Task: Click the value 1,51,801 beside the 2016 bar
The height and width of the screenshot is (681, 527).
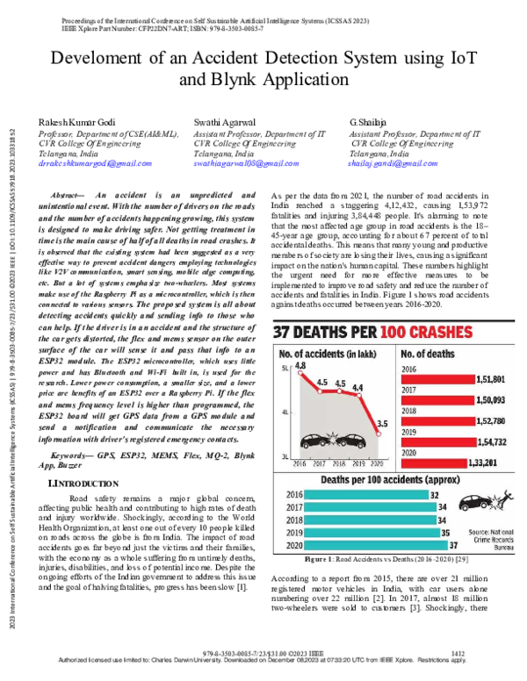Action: click(x=488, y=379)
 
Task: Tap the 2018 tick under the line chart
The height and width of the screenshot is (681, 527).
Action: click(x=336, y=462)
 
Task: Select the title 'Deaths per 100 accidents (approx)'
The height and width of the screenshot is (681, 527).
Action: click(x=375, y=480)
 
